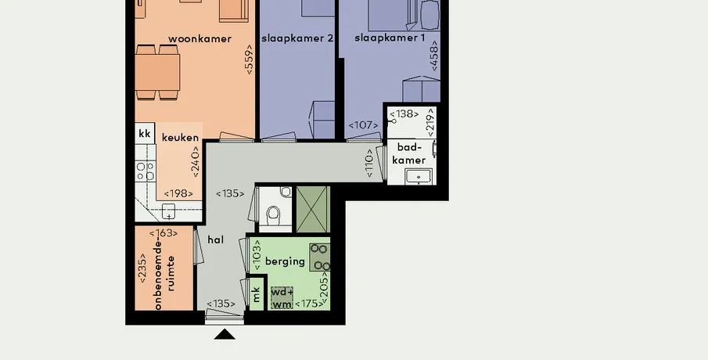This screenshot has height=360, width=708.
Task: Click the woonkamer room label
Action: click(199, 39)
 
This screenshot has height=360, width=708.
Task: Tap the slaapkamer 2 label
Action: click(297, 38)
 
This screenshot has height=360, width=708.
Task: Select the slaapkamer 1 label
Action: click(390, 38)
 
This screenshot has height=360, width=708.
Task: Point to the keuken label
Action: click(180, 138)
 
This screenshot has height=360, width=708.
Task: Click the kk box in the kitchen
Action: click(145, 134)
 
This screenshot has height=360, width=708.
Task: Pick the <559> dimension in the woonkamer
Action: click(249, 59)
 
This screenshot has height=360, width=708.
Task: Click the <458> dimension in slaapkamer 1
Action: click(434, 56)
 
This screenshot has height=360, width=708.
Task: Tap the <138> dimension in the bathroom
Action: click(404, 113)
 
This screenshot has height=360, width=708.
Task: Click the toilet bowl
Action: click(274, 215)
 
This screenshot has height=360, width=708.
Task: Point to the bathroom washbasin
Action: click(419, 176)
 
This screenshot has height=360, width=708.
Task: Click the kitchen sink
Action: click(168, 211)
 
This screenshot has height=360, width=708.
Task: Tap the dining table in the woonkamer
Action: click(157, 72)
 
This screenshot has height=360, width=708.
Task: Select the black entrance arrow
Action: click(225, 335)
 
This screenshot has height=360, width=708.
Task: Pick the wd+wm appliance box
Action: click(282, 298)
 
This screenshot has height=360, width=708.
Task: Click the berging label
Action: click(285, 261)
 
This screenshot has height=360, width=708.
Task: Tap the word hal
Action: click(216, 239)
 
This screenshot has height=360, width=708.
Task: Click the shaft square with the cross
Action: click(313, 209)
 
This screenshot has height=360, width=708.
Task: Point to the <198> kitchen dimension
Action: click(178, 194)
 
